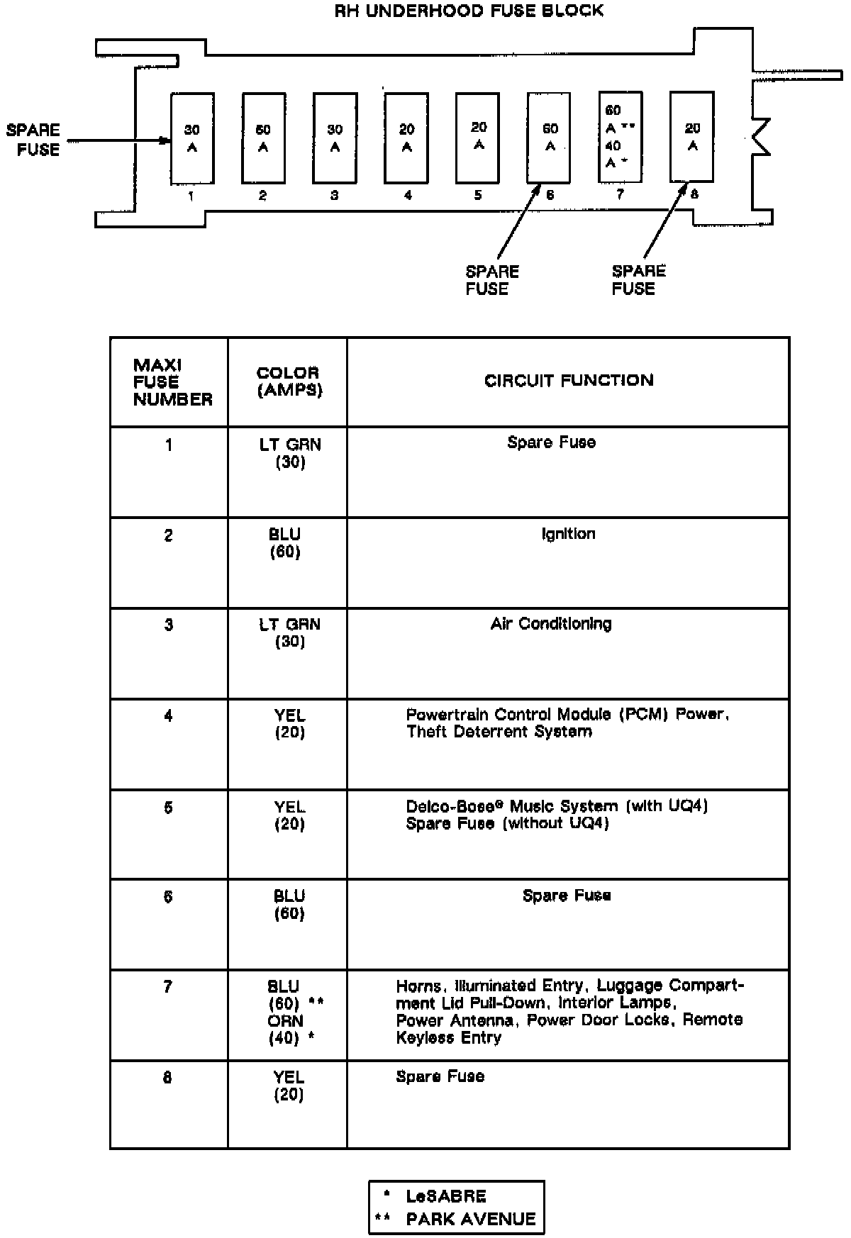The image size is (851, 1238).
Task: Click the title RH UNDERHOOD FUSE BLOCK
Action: pos(469,11)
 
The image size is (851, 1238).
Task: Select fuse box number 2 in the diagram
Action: pos(263,138)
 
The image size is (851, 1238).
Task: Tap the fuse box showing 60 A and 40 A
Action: pos(620,137)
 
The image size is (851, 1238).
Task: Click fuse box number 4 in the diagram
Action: pos(406,138)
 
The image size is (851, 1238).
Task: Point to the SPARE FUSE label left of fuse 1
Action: pos(33,139)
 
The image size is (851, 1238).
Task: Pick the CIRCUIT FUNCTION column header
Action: pos(569,381)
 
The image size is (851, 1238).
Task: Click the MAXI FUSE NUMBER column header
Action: pos(172,382)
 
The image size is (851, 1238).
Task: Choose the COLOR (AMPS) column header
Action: pos(288,381)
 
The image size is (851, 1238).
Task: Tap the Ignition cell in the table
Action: pos(568,534)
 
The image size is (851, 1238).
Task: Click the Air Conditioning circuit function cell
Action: pos(551,624)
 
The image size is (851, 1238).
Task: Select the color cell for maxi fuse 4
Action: pos(289,724)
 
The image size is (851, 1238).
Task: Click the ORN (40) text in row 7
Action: pos(288,1030)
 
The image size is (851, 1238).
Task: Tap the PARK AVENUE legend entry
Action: pos(470,1220)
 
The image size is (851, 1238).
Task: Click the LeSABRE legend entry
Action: pos(446,1197)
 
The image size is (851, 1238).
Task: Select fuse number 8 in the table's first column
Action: pos(168,1078)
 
